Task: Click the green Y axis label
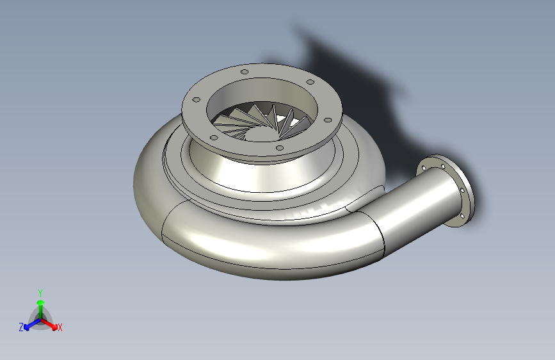point(40,293)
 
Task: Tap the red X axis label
point(60,328)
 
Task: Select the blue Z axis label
point(21,327)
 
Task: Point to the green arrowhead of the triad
point(41,302)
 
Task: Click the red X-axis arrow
point(49,324)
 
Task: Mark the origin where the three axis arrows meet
point(41,320)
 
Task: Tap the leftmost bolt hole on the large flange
point(196,100)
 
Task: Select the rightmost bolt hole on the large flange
point(328,120)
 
